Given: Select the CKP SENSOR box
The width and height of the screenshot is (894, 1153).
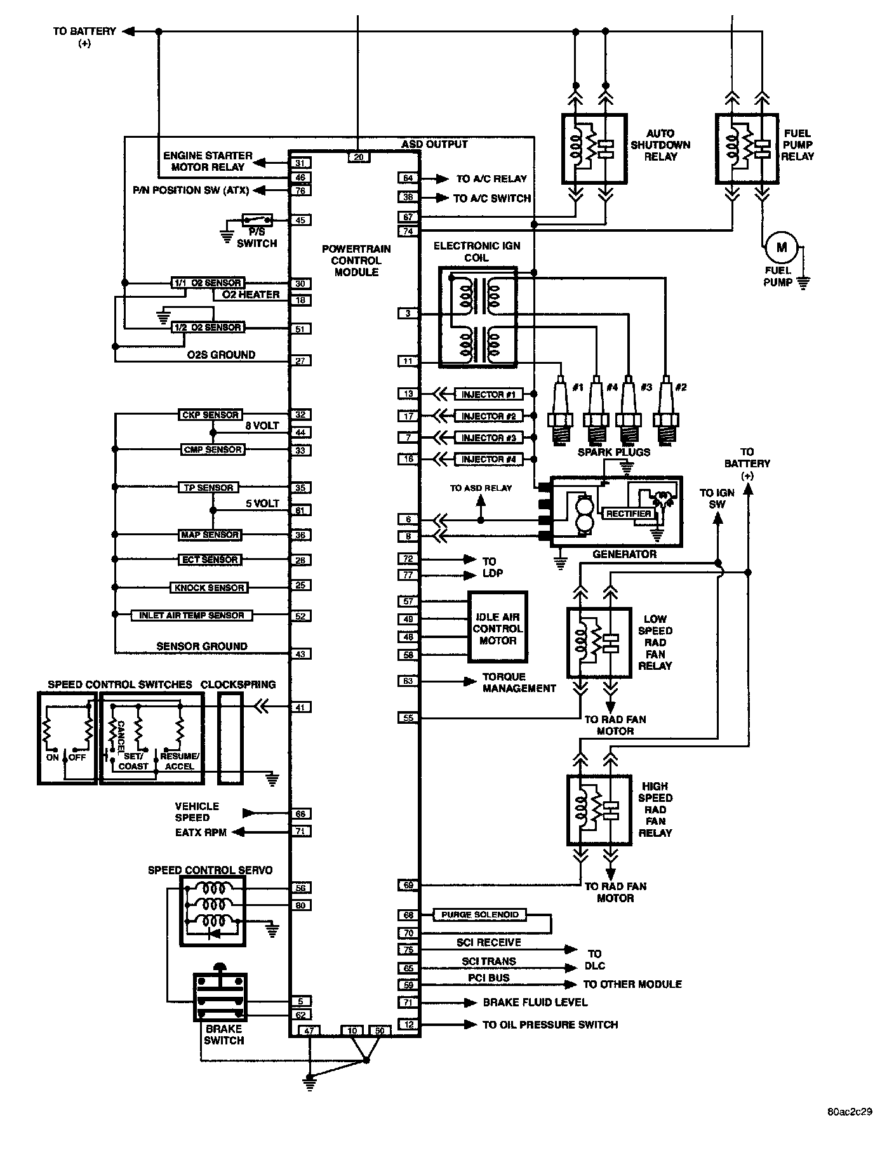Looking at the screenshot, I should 210,415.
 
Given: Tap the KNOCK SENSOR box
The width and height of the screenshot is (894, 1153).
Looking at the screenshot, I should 209,588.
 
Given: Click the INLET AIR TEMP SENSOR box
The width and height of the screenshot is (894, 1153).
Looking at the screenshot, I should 191,615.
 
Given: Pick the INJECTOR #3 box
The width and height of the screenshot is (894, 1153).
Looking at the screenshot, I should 488,438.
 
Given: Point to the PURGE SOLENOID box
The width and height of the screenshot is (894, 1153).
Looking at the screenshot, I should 480,915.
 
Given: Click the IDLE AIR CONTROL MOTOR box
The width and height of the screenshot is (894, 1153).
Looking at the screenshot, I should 498,629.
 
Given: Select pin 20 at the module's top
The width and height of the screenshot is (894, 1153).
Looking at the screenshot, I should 359,157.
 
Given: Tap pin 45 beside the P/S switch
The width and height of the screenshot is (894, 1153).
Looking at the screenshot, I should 300,220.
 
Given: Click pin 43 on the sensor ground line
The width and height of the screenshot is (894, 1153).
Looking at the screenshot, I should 300,654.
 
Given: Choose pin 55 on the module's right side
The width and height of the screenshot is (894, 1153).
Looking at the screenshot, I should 408,718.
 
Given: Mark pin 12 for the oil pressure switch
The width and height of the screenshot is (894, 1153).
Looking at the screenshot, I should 408,1024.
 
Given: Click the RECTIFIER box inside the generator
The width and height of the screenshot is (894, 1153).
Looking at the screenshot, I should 628,514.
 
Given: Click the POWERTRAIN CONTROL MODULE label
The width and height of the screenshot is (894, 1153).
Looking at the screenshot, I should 356,260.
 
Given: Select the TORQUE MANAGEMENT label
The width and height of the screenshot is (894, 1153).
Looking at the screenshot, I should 519,683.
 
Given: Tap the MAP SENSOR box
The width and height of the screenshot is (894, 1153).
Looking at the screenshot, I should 210,535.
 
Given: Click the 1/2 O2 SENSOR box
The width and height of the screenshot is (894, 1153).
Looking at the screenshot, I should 208,328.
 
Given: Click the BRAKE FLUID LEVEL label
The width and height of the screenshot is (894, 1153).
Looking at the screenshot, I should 535,1003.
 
